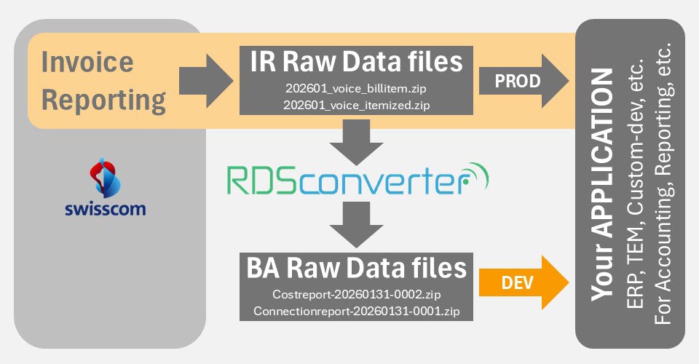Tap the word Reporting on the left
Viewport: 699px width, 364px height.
tap(103, 100)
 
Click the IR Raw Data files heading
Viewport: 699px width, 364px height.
tap(352, 61)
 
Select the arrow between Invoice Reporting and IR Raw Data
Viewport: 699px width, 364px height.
tap(202, 81)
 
